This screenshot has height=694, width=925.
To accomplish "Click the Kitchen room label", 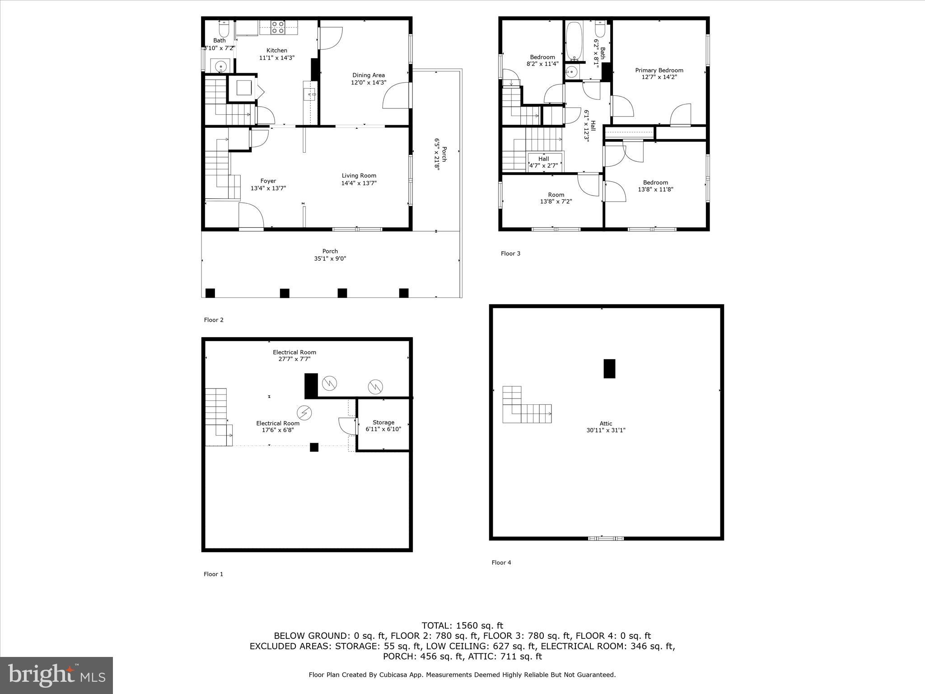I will point(276,51).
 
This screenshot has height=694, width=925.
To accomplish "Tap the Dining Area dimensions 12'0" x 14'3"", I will point(369,83).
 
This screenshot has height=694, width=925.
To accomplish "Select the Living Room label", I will point(359,176).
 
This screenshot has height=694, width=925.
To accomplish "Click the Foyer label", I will point(268,181).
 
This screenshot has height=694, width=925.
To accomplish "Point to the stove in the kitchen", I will point(278,28).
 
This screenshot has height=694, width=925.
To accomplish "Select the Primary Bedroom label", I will point(659,70).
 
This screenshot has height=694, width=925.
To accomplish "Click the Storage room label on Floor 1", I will point(383,422).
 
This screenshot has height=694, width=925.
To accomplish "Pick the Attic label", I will point(606,424).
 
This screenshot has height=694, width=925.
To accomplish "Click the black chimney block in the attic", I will point(609,368).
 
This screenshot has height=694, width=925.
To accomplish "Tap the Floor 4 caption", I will point(501,563).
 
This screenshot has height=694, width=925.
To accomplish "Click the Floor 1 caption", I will point(213,574).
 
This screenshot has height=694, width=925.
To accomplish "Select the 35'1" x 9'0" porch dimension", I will point(330,259).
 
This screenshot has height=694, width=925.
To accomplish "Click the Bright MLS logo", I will point(56,675).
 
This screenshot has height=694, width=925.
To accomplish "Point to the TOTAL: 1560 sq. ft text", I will point(462,626).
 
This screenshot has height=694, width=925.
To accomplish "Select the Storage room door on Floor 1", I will point(346,425).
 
